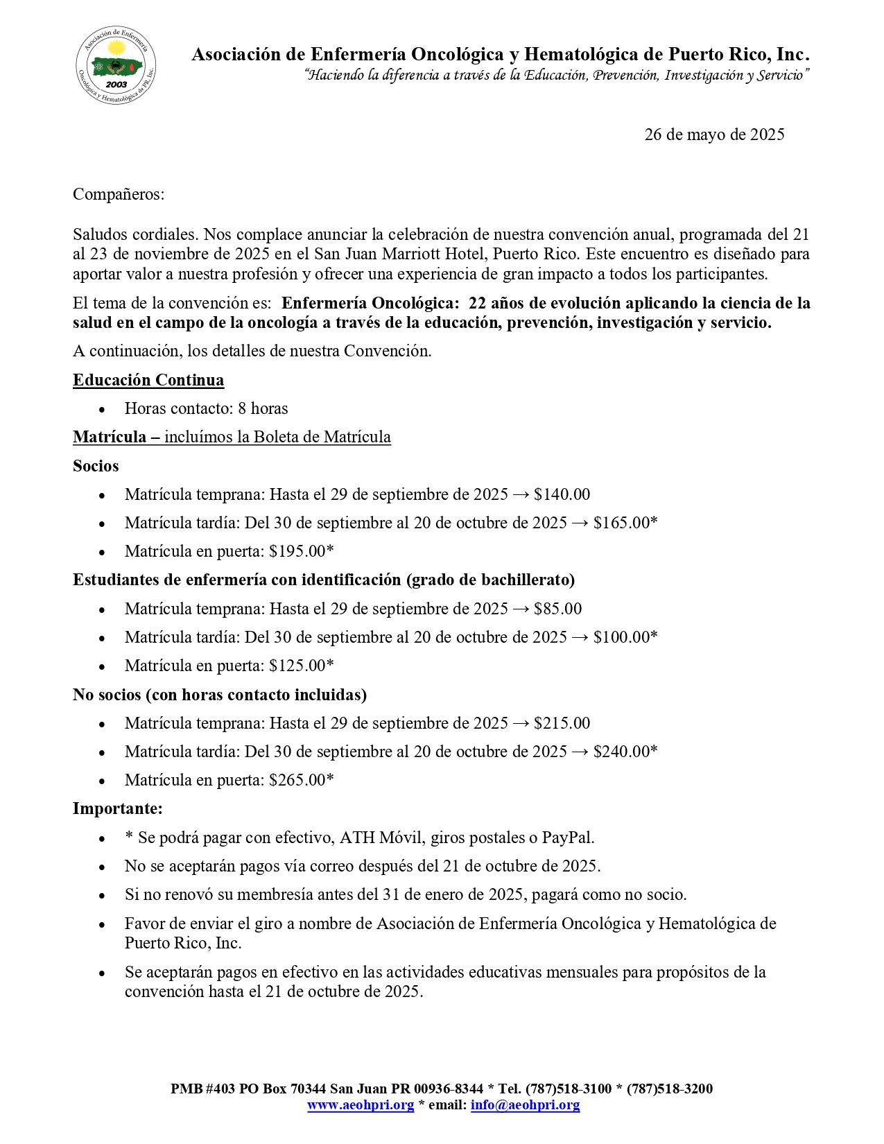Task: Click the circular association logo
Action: click(x=116, y=67)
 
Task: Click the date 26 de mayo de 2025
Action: click(x=714, y=135)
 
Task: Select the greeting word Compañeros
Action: click(x=118, y=194)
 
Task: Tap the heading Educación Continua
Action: click(x=148, y=380)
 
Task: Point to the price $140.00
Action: click(x=562, y=494)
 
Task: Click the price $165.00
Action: click(x=621, y=523)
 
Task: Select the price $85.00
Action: click(x=557, y=609)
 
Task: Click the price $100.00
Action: click(x=621, y=637)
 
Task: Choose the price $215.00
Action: click(x=562, y=723)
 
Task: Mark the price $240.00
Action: click(x=621, y=752)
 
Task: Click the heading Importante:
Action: click(x=118, y=808)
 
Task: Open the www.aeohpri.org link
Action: click(x=361, y=1105)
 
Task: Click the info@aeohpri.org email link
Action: click(x=525, y=1105)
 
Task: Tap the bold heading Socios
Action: click(x=96, y=466)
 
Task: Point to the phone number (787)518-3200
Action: click(x=670, y=1089)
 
